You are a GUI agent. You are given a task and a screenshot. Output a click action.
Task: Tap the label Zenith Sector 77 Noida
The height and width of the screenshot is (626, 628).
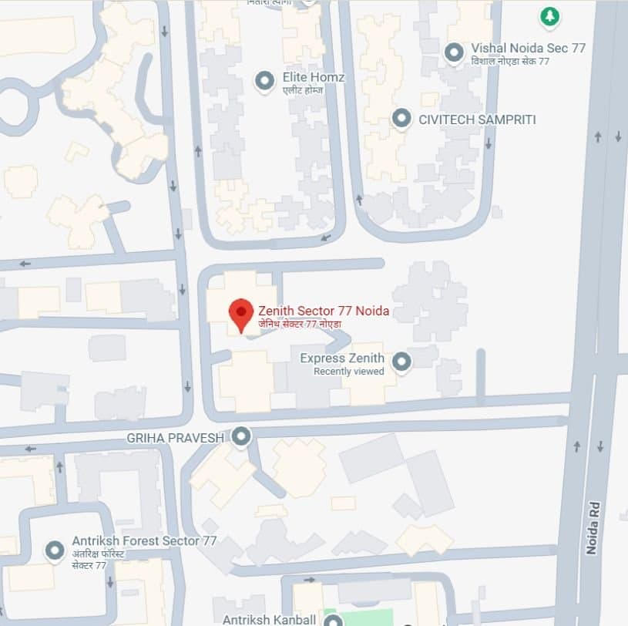[324, 311]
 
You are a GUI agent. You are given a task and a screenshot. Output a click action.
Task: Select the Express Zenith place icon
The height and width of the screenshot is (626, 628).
[401, 361]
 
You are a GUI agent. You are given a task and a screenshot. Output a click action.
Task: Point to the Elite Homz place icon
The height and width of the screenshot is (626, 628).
[265, 80]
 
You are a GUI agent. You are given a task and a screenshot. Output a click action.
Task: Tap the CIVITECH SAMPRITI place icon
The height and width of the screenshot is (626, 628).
[401, 119]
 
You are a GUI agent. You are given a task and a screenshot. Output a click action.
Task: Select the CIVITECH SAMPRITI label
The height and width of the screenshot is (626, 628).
[477, 119]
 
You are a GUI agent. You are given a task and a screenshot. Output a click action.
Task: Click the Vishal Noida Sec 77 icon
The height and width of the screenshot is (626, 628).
[455, 52]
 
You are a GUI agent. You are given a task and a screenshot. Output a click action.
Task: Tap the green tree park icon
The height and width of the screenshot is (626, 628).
[549, 16]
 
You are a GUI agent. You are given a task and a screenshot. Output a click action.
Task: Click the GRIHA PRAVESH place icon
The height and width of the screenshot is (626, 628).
[242, 437]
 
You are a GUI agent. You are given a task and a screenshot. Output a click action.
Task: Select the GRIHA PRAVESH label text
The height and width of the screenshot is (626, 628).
[175, 438]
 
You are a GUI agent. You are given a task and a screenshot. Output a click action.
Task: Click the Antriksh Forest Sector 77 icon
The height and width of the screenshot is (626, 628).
[55, 550]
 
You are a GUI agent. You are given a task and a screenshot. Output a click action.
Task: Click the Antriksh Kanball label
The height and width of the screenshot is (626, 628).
[269, 619]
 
